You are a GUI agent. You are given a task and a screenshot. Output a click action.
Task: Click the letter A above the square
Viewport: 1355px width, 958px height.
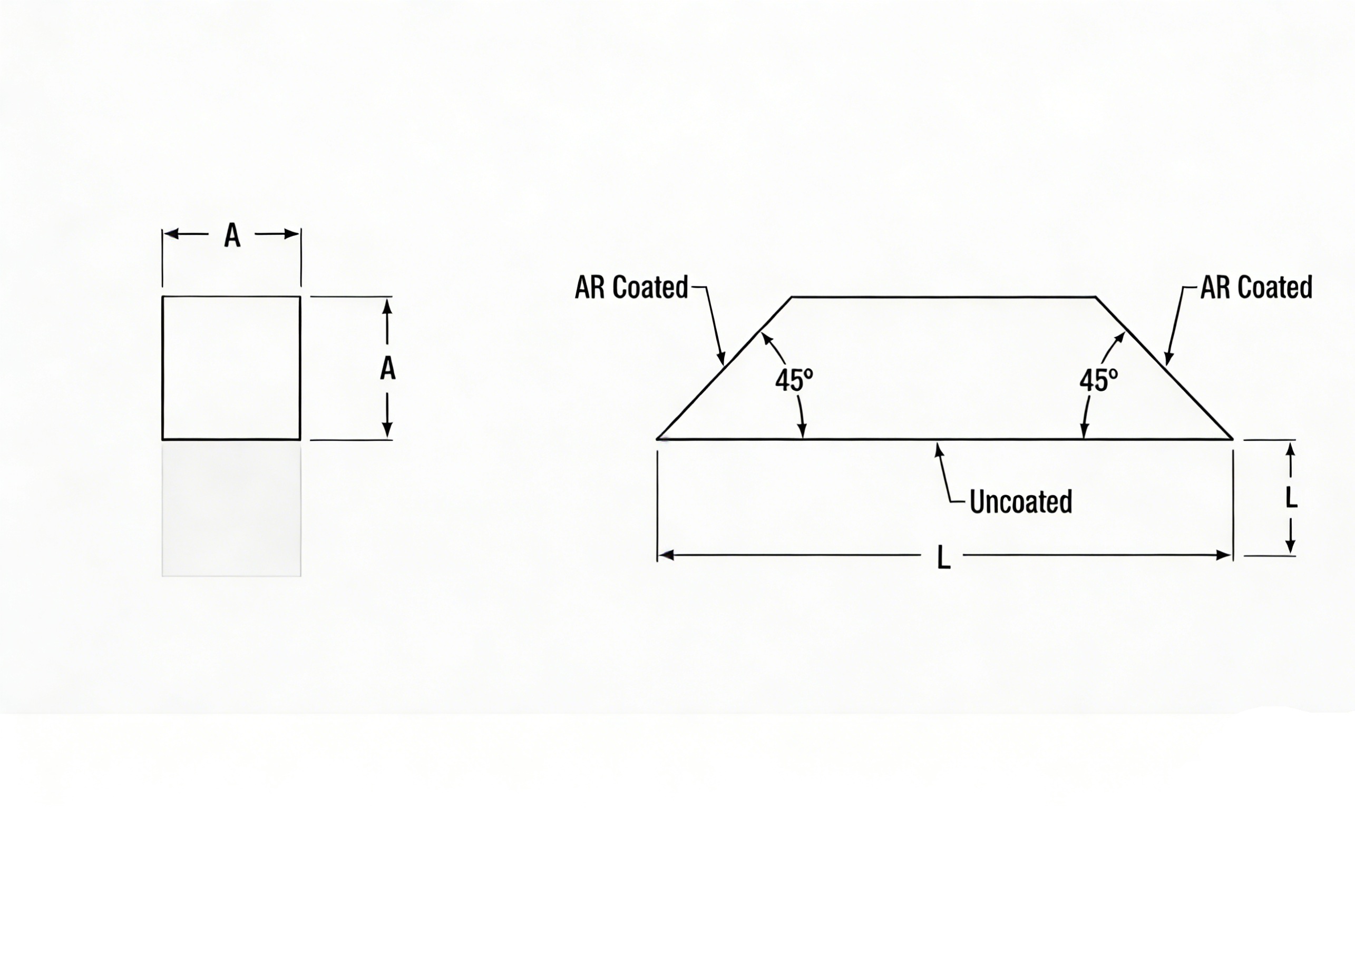click(232, 235)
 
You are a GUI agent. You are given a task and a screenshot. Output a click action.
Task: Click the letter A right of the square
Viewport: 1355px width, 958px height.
click(387, 369)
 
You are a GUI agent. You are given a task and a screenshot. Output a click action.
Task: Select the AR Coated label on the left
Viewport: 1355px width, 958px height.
click(631, 287)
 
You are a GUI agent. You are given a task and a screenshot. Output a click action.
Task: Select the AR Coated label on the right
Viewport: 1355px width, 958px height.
click(1256, 287)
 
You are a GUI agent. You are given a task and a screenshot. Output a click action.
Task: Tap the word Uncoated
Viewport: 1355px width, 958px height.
click(1021, 501)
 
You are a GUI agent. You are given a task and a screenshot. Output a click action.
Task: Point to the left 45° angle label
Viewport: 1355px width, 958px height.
click(794, 380)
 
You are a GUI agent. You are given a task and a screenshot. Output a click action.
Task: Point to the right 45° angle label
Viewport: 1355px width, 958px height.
click(1098, 380)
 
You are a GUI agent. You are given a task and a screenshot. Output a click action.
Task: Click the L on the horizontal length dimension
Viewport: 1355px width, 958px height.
click(944, 558)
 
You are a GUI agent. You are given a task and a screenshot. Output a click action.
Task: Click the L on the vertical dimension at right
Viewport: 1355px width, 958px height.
click(1291, 497)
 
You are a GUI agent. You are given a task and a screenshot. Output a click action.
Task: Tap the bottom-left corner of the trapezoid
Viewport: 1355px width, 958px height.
click(657, 439)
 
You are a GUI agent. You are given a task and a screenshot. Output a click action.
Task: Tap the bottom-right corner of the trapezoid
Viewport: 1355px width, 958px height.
click(1233, 439)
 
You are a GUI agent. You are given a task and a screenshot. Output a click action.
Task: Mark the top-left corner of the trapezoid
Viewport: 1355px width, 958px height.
click(792, 297)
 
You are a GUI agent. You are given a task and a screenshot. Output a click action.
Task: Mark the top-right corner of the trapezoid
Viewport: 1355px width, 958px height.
click(1096, 297)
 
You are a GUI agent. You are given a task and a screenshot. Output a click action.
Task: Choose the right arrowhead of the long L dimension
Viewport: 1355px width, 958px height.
click(1223, 555)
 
